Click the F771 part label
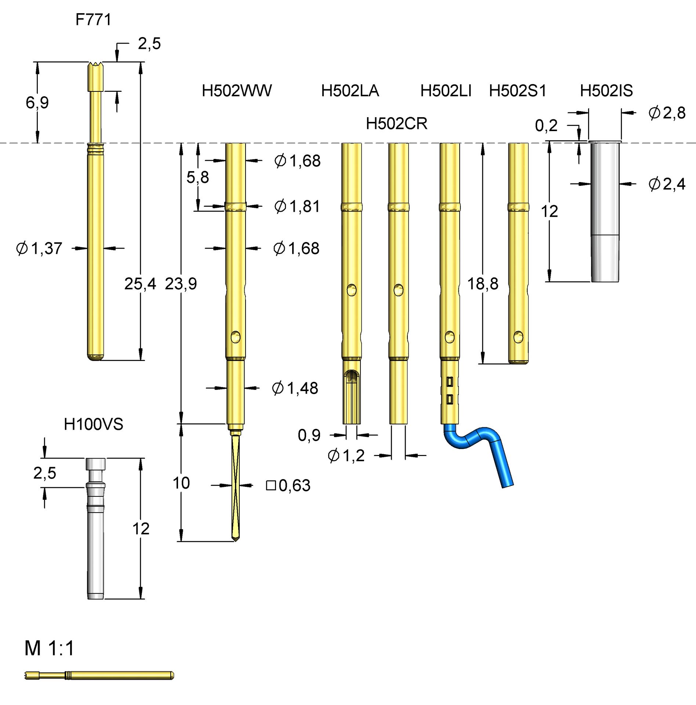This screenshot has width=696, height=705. tap(93, 19)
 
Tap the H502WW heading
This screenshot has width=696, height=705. tap(237, 91)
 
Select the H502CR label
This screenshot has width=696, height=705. tap(396, 124)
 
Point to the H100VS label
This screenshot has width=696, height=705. tap(93, 424)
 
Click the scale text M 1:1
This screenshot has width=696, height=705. tap(49, 648)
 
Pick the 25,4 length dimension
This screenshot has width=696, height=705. tap(140, 284)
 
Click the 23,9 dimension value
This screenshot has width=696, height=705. tap(181, 284)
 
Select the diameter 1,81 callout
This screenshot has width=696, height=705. tap(297, 206)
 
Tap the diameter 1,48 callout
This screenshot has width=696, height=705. tap(295, 388)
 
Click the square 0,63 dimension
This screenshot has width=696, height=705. tap(289, 485)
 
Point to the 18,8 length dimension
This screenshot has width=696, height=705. tap(483, 284)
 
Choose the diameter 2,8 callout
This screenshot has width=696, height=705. tap(667, 113)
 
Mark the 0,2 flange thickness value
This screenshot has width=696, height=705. tap(546, 126)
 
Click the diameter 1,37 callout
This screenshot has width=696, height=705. tap(39, 249)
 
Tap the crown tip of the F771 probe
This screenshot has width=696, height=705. tap(96, 66)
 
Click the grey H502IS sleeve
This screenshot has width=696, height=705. tap(605, 213)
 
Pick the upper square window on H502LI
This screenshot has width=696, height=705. tap(450, 382)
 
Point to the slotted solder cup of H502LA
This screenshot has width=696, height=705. tap(352, 397)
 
